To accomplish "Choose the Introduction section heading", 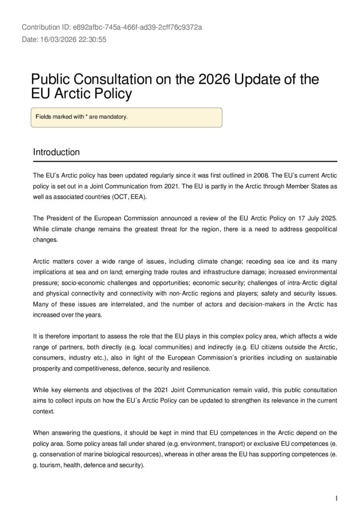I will point(56,152).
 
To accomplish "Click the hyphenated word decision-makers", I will point(249,304).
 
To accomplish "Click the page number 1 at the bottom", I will point(337,484).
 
